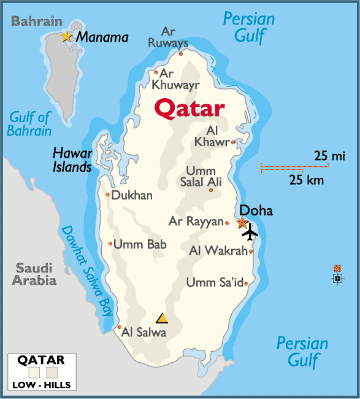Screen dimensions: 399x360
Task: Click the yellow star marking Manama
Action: click(x=66, y=37)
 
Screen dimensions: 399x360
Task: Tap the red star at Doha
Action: click(x=242, y=222)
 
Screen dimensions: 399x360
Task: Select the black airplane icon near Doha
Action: click(x=250, y=233)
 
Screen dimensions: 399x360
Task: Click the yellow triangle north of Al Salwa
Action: click(x=162, y=318)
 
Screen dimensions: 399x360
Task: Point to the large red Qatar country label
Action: click(x=189, y=109)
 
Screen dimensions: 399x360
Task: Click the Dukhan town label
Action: click(x=132, y=195)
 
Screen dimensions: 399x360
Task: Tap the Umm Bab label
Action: click(x=140, y=244)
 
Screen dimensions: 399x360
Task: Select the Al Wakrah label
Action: click(x=218, y=250)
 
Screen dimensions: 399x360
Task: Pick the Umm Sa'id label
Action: click(x=214, y=282)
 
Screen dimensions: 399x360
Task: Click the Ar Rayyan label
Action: click(x=196, y=222)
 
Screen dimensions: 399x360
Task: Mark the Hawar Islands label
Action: click(x=72, y=160)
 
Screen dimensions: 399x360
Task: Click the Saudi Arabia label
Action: click(x=34, y=274)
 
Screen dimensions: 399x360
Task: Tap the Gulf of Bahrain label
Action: click(x=29, y=124)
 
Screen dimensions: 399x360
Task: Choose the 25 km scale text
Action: click(x=307, y=180)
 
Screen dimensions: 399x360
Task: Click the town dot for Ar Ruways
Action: click(x=181, y=53)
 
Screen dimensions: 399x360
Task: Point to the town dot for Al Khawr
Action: click(x=233, y=142)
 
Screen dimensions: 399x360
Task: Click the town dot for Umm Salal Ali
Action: click(x=211, y=190)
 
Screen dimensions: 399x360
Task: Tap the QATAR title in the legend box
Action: click(x=41, y=360)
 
